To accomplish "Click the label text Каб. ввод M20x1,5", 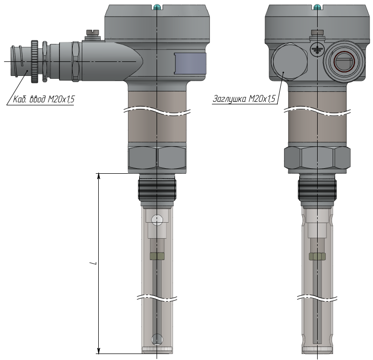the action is pos(43,99).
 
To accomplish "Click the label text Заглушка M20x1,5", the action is pos(244,99).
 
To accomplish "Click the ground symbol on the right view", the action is pos(317,49).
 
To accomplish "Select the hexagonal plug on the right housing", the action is pos(289,61).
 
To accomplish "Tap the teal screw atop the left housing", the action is pos(157,7).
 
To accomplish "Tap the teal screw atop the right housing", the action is pos(317,7).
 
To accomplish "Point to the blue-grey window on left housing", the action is pos(190,63).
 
